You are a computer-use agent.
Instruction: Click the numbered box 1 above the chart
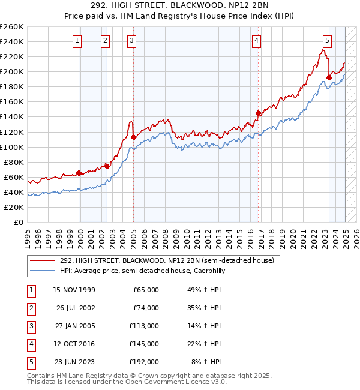point(78,41)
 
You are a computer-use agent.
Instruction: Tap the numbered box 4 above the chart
point(256,41)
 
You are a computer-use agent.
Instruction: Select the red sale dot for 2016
point(258,113)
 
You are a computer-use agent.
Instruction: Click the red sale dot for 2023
point(329,77)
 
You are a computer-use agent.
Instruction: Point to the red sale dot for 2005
point(133,137)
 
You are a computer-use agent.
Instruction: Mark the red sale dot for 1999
point(79,173)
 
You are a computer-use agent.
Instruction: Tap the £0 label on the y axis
point(18,222)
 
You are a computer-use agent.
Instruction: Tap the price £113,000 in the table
point(144,326)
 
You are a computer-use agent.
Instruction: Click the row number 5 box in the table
point(30,362)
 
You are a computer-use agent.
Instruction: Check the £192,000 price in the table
point(144,362)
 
